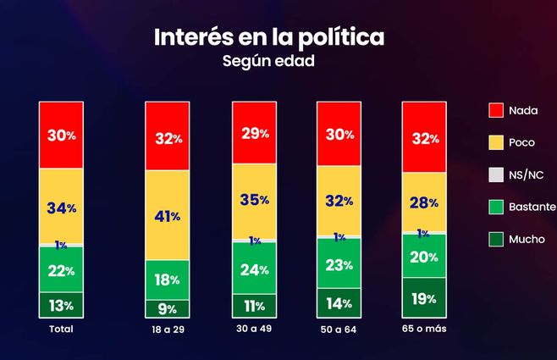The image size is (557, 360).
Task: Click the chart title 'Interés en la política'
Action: coord(268,37)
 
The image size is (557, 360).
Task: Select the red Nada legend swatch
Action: coord(496,110)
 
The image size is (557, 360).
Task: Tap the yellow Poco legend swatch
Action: coord(496,142)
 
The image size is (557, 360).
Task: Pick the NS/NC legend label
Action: coord(533,174)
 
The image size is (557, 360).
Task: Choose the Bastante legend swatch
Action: coord(496,207)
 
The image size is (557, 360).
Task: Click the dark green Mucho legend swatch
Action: coord(496,239)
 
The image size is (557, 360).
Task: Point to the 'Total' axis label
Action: coord(60,329)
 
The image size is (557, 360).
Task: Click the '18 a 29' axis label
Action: coord(167,330)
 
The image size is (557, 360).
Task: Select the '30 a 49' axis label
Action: coord(254,330)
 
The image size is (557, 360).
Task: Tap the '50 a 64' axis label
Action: coord(339,330)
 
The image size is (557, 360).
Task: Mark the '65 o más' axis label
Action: coord(423,329)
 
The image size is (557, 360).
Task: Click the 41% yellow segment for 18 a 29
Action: coord(167,215)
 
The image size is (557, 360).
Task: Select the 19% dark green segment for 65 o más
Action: coord(423,298)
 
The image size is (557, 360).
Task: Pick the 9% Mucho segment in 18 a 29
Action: coord(167,309)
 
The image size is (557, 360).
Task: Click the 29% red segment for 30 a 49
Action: coord(254,133)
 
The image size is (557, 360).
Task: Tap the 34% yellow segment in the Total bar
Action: coord(60,207)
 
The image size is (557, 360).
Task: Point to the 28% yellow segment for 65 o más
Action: coord(423,202)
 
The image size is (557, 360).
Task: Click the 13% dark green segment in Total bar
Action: coord(60,305)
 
